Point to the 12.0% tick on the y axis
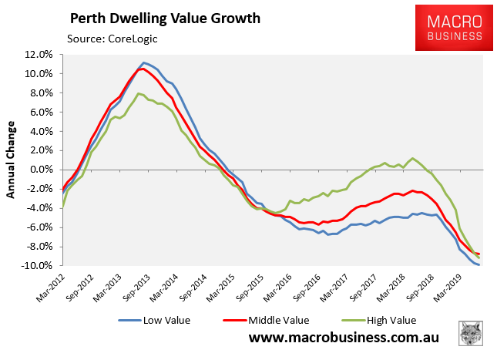click(39, 55)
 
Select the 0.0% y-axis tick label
click(40, 170)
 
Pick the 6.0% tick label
click(40, 113)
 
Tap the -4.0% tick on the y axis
click(39, 208)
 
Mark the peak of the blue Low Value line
click(144, 62)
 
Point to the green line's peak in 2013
click(138, 94)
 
